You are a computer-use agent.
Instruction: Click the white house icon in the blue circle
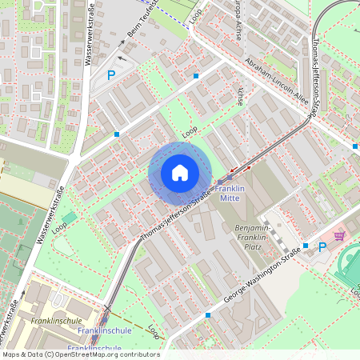tap(180, 173)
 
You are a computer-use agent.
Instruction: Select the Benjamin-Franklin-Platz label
tap(258, 234)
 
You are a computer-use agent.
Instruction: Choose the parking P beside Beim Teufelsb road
tap(111, 76)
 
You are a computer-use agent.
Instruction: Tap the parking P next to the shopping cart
tap(322, 247)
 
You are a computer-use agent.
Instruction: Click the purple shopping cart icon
tap(340, 236)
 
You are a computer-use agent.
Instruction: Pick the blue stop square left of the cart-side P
tap(306, 246)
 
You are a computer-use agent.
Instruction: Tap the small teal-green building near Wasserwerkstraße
tap(70, 218)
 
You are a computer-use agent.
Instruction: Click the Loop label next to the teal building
tap(60, 228)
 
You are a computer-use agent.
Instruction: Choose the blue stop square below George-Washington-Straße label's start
tap(209, 315)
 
